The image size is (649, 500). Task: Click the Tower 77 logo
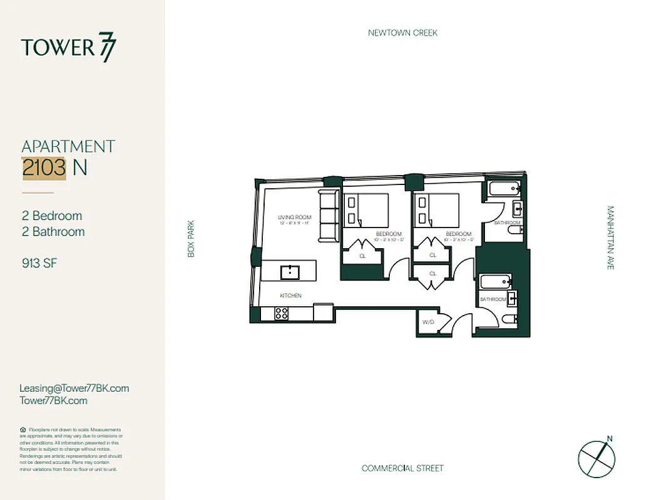[69, 48]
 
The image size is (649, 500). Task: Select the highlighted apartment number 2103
[44, 167]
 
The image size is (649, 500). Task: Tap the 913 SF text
[39, 263]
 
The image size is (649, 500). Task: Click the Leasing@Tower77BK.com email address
[74, 388]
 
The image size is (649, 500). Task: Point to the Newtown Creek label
[402, 32]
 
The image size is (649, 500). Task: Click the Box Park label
[192, 238]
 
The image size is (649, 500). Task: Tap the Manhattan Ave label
[610, 238]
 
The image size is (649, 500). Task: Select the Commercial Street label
[402, 468]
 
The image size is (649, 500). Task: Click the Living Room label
[295, 218]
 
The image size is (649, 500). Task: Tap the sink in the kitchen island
[290, 271]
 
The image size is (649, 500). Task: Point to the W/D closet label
[428, 322]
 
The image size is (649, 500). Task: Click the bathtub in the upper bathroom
[503, 187]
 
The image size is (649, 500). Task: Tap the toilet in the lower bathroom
[511, 320]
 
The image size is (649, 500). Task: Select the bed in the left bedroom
[366, 211]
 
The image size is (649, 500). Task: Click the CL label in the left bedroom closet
[362, 256]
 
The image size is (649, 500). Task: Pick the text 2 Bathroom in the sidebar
[53, 232]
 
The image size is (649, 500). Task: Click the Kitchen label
[290, 295]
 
